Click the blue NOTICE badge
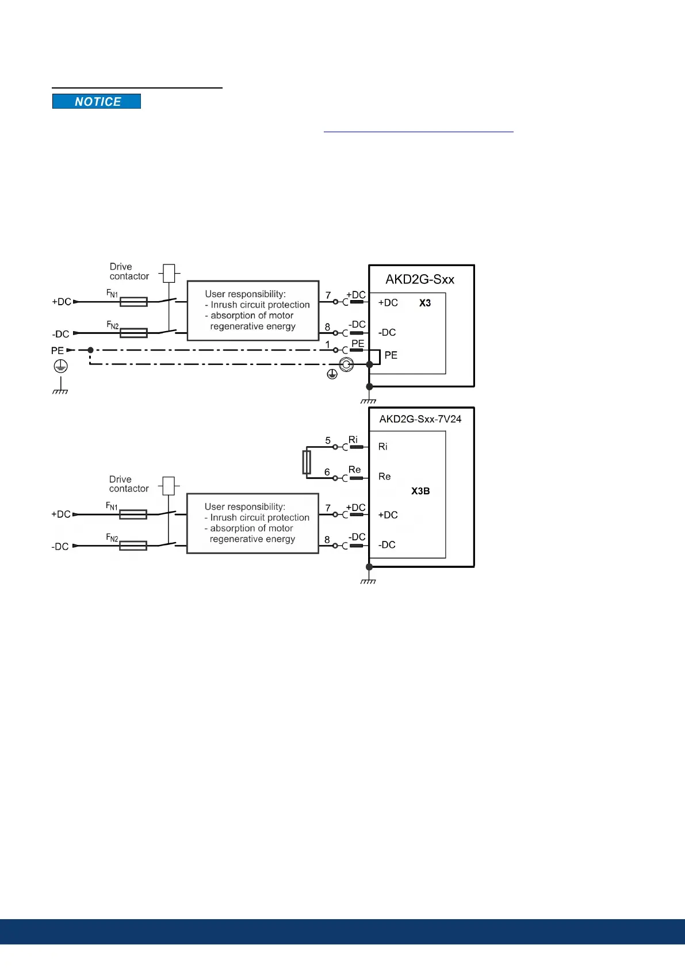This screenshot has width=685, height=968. [97, 102]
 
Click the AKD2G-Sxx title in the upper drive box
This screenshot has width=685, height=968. [420, 279]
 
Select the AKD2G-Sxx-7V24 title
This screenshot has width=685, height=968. [420, 419]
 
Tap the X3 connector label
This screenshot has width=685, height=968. [425, 303]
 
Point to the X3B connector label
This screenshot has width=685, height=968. [420, 491]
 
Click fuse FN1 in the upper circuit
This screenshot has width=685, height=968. [133, 301]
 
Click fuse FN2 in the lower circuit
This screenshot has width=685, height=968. [133, 546]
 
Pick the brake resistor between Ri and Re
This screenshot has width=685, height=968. [307, 462]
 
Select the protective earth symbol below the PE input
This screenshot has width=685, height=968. [60, 366]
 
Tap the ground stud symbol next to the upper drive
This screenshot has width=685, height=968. [346, 364]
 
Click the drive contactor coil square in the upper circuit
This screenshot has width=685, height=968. [169, 273]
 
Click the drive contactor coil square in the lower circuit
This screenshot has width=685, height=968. [169, 486]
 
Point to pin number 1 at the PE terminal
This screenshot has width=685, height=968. [328, 345]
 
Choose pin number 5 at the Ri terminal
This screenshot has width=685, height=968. [328, 440]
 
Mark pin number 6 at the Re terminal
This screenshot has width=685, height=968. [327, 472]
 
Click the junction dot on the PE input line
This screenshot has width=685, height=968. [90, 349]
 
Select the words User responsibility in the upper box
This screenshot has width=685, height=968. [245, 294]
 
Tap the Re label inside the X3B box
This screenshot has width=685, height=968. [385, 477]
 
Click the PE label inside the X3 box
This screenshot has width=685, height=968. [391, 355]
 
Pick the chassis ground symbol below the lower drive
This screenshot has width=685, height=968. [369, 581]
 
